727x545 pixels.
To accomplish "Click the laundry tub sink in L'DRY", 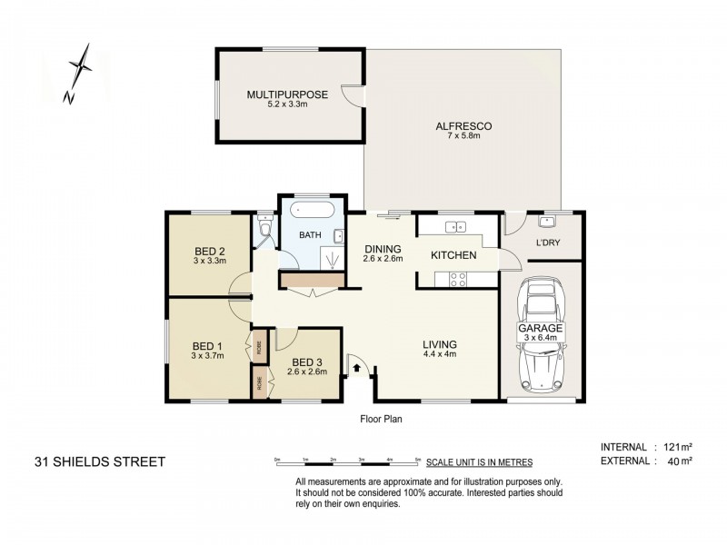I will click(x=547, y=222).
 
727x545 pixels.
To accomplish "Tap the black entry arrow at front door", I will click(x=356, y=369).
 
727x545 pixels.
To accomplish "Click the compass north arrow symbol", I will click(x=80, y=71).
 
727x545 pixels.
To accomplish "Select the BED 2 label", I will click(x=209, y=252).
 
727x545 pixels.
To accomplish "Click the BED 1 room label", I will click(x=207, y=346).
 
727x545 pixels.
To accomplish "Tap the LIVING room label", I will click(x=439, y=345).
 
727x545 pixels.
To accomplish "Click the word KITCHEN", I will click(x=453, y=255).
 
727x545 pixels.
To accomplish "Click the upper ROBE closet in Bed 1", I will click(x=259, y=345).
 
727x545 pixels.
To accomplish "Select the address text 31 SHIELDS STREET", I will click(x=100, y=461).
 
